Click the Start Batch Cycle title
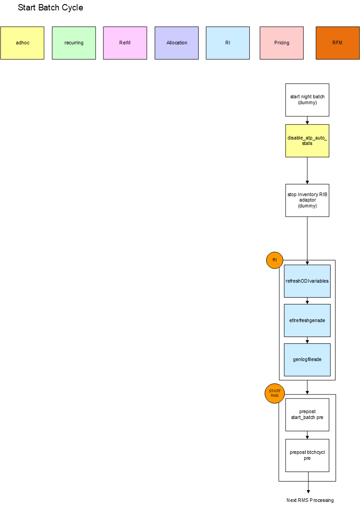coord(50,8)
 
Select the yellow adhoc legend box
coord(22,43)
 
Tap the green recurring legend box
coord(74,43)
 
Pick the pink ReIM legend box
coord(125,43)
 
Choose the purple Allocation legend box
coord(176,43)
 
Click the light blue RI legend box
coord(228,43)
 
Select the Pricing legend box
coord(282,43)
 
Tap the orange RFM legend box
coord(337,43)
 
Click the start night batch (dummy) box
coord(307,100)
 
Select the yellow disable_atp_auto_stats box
coord(307,140)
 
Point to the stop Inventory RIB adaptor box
coord(307,200)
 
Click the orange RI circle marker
coord(275,260)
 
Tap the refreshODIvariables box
coord(307,281)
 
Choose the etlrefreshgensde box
coord(307,320)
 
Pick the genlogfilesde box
coord(307,360)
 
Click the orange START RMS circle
coord(274,394)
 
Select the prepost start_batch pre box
coord(307,414)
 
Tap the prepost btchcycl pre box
coord(307,455)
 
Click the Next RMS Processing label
coord(310,500)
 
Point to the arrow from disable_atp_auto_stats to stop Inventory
coord(307,170)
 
